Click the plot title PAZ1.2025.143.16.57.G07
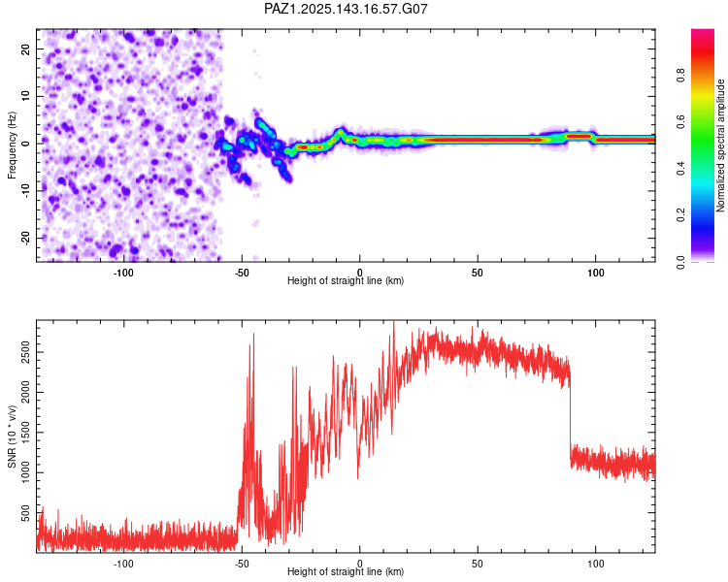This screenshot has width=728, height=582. [x=347, y=9]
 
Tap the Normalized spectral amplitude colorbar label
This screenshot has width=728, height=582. [x=720, y=145]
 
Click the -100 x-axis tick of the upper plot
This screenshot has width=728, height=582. [x=123, y=272]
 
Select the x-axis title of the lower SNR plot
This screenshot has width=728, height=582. [x=346, y=574]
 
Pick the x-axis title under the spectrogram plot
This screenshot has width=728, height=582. [x=346, y=282]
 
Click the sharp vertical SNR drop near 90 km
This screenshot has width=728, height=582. [x=571, y=417]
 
